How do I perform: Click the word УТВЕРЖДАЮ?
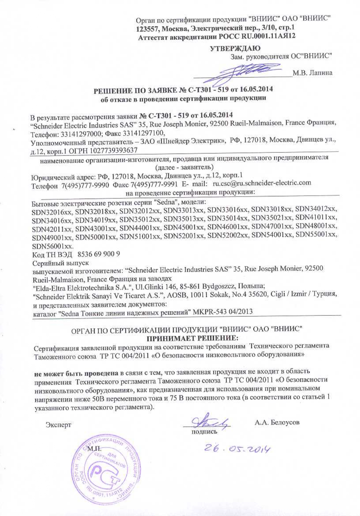point(235,48)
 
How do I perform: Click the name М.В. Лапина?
point(312,73)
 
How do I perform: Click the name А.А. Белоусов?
point(277,422)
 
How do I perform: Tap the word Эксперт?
point(58,425)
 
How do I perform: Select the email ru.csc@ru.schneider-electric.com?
point(262,183)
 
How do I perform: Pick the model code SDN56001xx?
point(52,246)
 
